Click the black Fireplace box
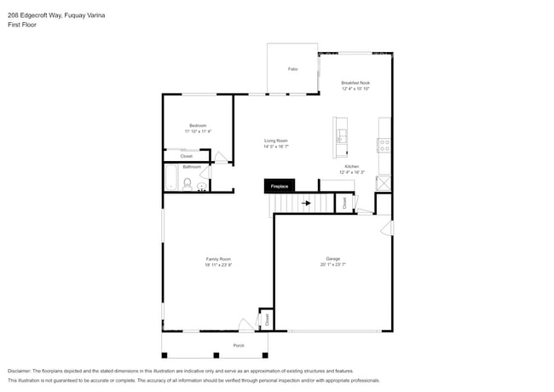point(280,186)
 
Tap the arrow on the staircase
point(306,203)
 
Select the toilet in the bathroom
point(188,182)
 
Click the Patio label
point(292,68)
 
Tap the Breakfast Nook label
point(355,83)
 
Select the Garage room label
point(332,259)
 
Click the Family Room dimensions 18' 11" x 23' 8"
point(218,265)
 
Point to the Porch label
point(239,345)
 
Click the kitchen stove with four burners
point(384,145)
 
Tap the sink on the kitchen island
point(341,135)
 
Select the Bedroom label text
point(198,125)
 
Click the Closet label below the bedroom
point(186,156)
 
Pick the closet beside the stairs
point(344,203)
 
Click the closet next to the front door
point(266,320)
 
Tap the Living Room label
point(275,141)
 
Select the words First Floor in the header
point(22,25)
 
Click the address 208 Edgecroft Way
point(38,15)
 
